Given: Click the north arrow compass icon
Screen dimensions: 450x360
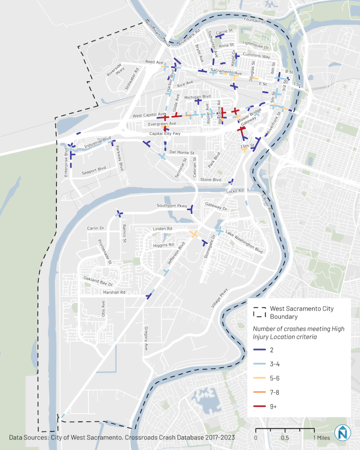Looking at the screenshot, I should coord(342,433).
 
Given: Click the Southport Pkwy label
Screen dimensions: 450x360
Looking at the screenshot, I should coord(172,206).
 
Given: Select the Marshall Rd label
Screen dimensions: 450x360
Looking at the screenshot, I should coord(114,292).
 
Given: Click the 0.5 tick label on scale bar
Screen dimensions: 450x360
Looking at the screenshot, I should coord(285,438).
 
